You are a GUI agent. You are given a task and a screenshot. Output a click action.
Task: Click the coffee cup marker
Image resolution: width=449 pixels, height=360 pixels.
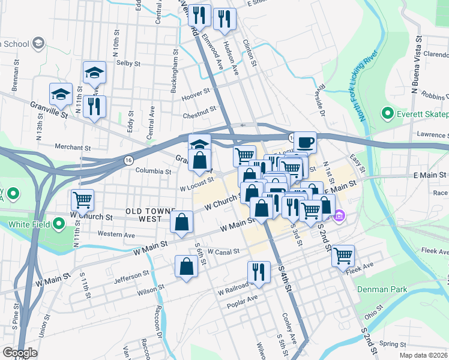coord(305,142)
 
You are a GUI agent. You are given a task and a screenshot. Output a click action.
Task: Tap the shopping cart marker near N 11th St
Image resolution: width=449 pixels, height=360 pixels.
coord(82,199)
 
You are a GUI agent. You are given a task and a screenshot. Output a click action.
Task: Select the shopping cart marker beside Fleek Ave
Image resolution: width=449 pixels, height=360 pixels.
coord(343,255)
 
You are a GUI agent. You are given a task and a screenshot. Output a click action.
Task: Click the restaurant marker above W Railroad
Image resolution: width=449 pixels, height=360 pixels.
coord(258,271)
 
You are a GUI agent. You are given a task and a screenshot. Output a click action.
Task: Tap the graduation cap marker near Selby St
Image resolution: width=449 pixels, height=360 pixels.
coord(94,72)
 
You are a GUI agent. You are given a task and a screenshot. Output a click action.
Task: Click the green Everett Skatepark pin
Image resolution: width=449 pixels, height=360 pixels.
coord(387,113)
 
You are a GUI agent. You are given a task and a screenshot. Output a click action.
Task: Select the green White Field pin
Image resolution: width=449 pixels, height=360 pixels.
coord(58,224)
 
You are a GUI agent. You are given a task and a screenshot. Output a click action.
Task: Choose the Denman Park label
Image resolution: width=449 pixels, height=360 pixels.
coord(382,289)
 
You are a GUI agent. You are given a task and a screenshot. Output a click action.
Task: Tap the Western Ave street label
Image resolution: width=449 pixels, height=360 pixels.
coord(116,234)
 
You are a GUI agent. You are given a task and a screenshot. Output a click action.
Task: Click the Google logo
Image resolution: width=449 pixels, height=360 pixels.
coord(20,353)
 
